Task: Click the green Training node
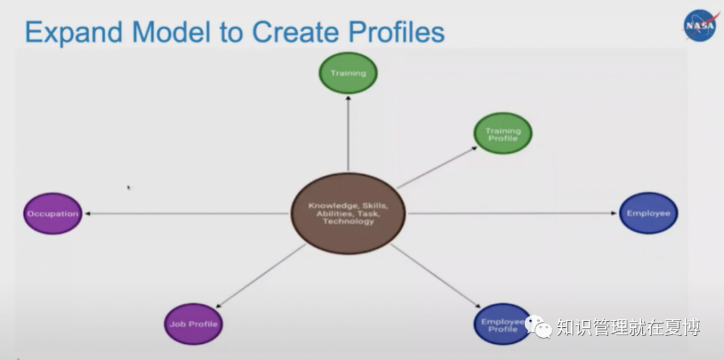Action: [x=348, y=72]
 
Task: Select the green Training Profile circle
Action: [x=503, y=134]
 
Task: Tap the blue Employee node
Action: [x=648, y=213]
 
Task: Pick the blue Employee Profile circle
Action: [x=502, y=325]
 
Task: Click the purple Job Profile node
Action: [x=193, y=324]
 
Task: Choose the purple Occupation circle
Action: [x=53, y=214]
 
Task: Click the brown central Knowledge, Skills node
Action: [x=348, y=214]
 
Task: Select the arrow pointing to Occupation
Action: [x=188, y=214]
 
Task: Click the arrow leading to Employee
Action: [x=513, y=214]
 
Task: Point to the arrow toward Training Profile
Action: [x=436, y=167]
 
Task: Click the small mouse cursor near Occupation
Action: [x=129, y=188]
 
